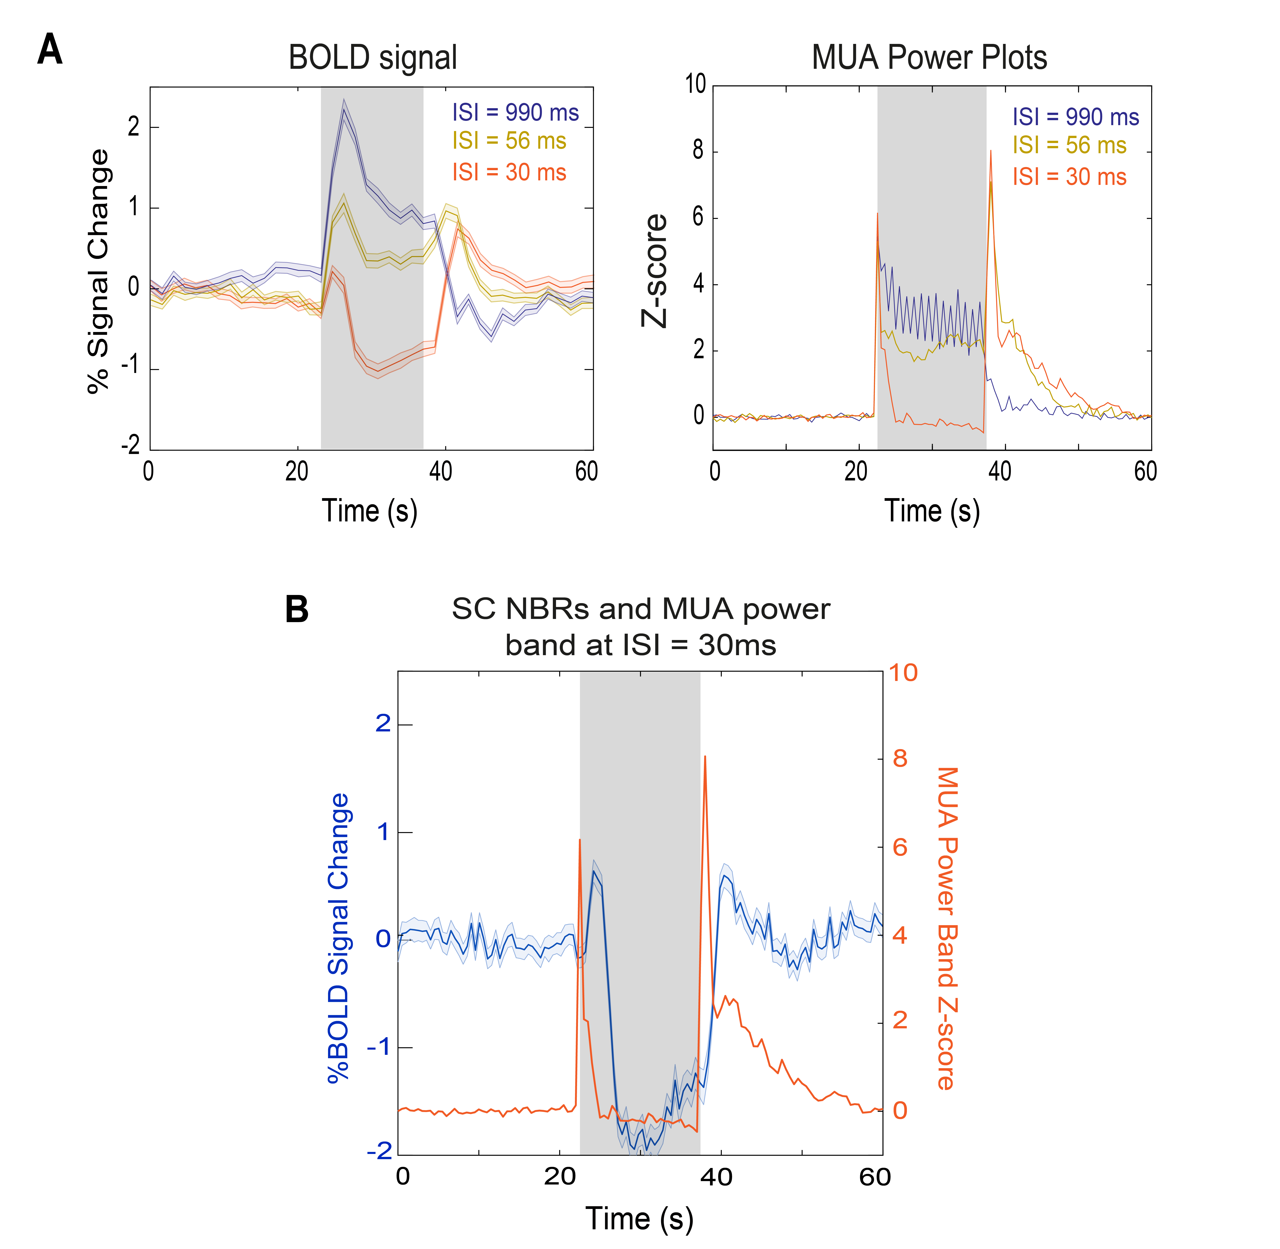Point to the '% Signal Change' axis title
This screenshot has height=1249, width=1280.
pos(98,271)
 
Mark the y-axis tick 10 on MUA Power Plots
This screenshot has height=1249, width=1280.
pos(695,85)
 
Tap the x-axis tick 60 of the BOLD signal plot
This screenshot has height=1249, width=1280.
pos(586,472)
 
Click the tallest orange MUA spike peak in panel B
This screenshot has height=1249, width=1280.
pos(705,756)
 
